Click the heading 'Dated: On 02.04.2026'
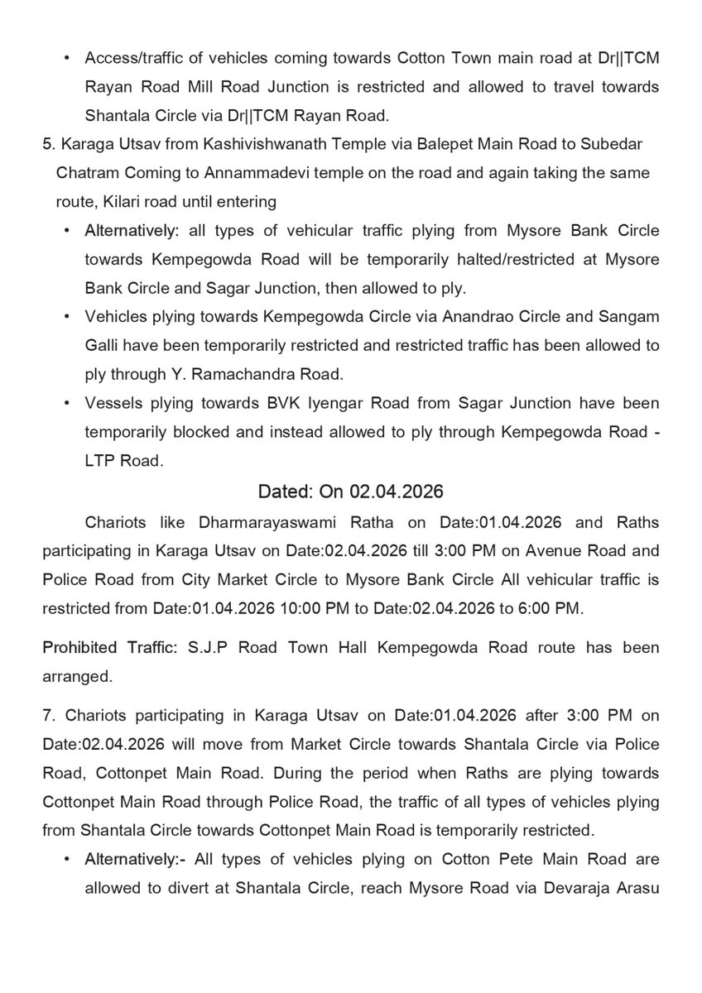pos(351,492)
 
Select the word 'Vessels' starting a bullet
pos(110,403)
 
